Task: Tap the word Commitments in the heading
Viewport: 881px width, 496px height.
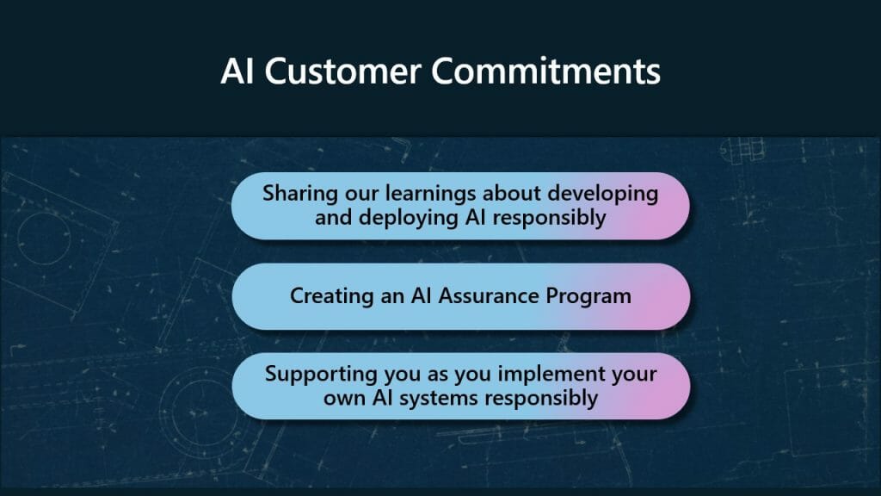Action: (545, 71)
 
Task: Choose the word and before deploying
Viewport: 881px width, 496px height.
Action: (333, 218)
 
